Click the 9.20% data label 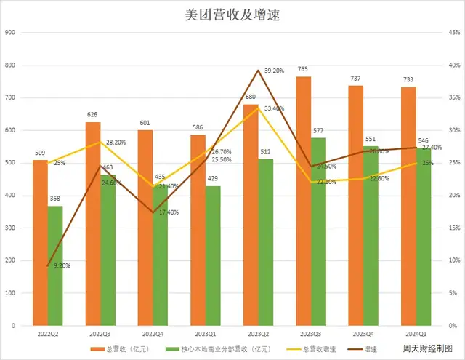coord(62,266)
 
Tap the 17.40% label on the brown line coord(169,212)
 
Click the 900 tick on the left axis coord(10,33)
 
